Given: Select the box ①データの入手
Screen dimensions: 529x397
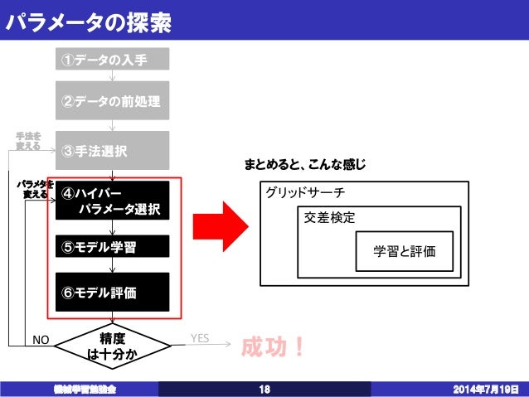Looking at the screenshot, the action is (112, 60).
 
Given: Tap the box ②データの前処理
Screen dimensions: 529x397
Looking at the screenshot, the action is (112, 101).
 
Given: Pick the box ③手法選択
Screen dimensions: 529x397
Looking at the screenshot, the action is (112, 151).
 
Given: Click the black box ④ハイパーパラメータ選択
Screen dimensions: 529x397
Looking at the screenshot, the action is (112, 201).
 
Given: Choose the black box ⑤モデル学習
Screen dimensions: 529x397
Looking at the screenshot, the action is (112, 247).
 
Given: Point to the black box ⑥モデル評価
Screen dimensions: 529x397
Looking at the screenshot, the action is (112, 292).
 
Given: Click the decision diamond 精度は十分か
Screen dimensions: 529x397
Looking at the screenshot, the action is (112, 346).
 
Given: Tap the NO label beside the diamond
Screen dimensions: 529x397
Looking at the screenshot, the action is (41, 340).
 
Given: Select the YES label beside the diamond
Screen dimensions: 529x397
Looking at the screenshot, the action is (200, 338).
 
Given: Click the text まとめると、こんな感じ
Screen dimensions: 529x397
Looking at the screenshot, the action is (304, 166).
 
